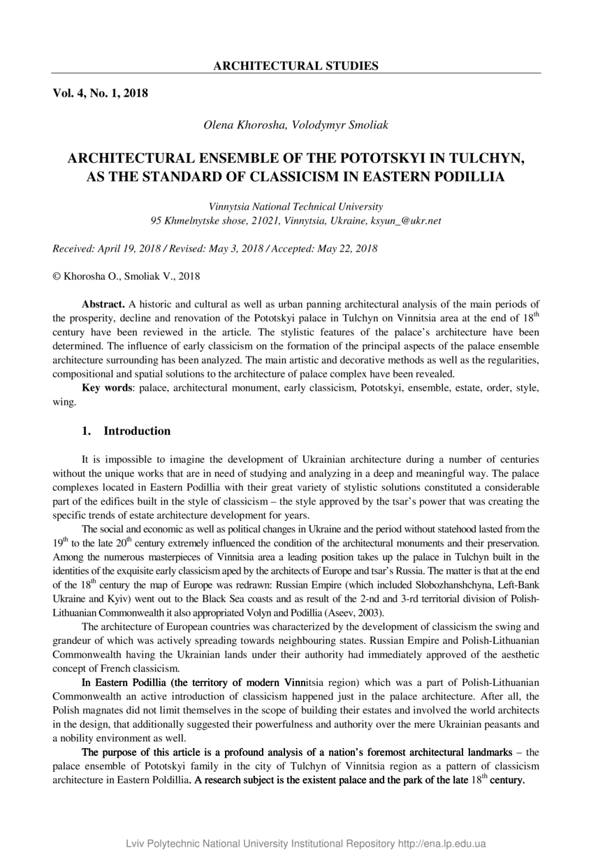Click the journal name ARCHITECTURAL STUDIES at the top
(x=296, y=66)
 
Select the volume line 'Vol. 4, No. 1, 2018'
(x=100, y=92)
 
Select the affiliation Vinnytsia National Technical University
(x=296, y=207)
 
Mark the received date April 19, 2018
(x=126, y=249)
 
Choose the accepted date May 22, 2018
(x=347, y=249)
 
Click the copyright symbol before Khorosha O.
(x=57, y=276)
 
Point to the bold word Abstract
(x=103, y=304)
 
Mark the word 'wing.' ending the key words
(x=65, y=401)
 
